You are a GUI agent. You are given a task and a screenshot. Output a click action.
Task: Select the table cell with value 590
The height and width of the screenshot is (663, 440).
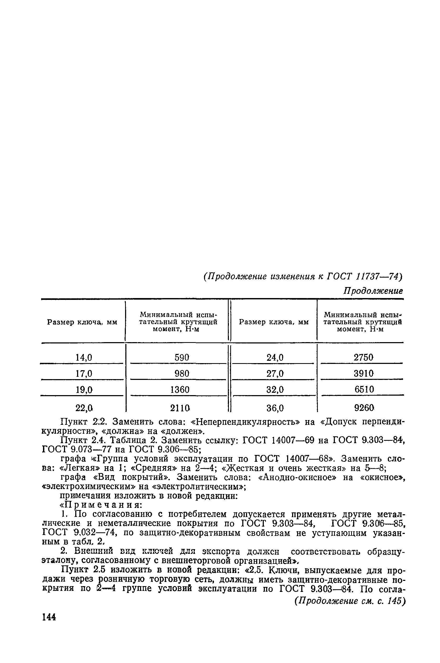tap(182, 357)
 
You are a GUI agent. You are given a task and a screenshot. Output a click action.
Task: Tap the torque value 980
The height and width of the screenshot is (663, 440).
tap(182, 373)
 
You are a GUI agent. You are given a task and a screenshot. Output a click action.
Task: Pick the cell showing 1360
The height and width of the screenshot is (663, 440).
tap(180, 389)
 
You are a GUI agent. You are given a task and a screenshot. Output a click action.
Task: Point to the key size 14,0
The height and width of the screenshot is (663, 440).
tap(84, 357)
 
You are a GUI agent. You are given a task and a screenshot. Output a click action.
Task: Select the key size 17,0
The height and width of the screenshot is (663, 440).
tap(84, 373)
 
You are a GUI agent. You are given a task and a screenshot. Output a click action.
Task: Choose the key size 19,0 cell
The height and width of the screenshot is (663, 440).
tap(84, 389)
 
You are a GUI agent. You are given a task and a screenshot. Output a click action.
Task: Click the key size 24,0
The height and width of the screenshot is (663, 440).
tap(275, 357)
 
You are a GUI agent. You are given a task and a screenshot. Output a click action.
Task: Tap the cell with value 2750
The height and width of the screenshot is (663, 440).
tap(364, 357)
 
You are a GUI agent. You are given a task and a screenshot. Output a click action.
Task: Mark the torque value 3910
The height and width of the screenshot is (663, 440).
tap(364, 373)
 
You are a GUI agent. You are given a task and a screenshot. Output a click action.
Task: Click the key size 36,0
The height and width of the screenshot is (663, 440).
tap(275, 407)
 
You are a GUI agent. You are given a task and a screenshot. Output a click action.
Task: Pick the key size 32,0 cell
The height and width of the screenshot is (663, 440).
tap(275, 389)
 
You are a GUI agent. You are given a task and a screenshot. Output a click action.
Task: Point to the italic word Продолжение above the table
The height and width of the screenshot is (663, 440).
tap(373, 291)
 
